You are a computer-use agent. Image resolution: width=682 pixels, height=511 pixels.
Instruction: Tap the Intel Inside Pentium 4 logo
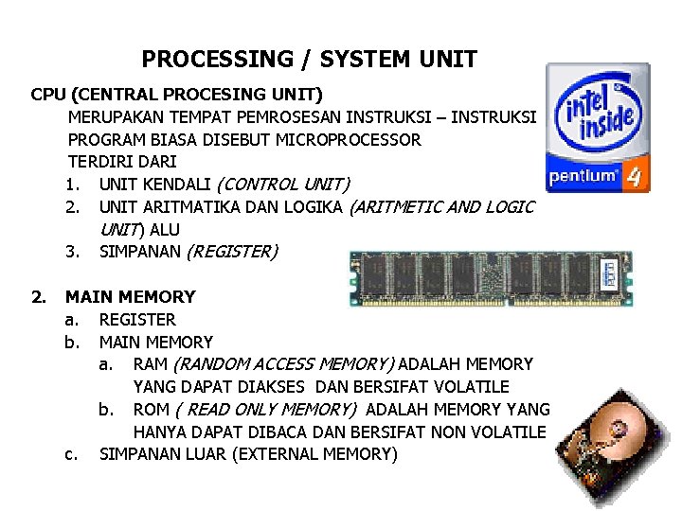coord(598,128)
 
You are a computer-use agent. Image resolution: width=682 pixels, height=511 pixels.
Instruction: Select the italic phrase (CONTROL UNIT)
coord(283,184)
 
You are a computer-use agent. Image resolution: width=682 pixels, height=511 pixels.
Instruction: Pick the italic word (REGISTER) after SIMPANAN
coord(232,252)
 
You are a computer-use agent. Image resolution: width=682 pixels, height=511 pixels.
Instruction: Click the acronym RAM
coord(152,364)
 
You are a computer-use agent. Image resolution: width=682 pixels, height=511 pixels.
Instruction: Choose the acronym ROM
coord(152,410)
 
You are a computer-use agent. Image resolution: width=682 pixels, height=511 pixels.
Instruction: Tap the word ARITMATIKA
coord(186,206)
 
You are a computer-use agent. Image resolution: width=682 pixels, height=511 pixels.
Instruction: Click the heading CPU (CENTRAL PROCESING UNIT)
coord(176,95)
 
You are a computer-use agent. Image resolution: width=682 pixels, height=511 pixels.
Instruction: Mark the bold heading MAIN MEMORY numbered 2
coord(130,296)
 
